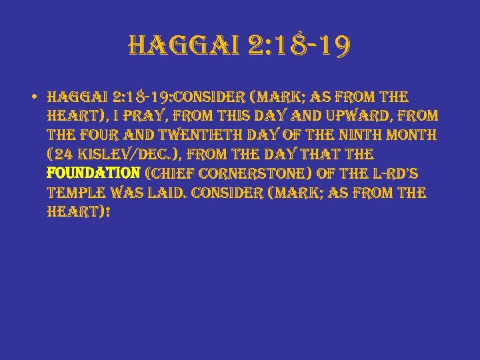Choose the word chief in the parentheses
(x=166, y=175)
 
